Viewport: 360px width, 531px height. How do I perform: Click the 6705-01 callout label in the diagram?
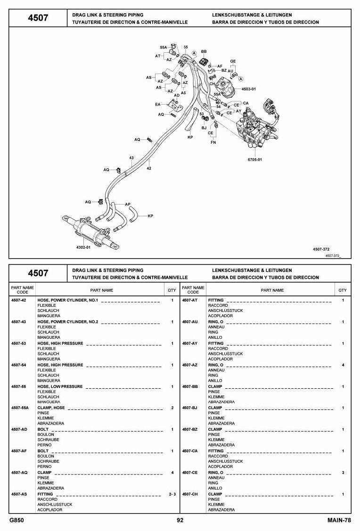pos(254,160)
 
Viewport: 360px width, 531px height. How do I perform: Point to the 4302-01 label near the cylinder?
pos(83,247)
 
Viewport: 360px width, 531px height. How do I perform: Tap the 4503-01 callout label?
pos(249,89)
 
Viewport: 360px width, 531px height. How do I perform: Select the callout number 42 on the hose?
pos(149,168)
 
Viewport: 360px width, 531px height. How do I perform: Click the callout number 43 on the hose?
pos(131,158)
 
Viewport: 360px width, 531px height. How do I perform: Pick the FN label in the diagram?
pos(213,143)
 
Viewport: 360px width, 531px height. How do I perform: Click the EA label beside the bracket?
pos(158,105)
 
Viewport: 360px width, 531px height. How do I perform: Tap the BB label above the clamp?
pos(204,52)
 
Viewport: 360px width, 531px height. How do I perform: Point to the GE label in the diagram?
pos(233,61)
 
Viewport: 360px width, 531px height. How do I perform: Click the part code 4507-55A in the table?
pos(20,408)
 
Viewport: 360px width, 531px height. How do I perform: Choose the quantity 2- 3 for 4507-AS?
pos(172,494)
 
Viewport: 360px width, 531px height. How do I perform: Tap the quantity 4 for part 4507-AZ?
pos(343,365)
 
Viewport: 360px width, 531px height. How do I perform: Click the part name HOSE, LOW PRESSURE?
pos(60,386)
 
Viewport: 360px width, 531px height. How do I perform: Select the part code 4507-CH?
pos(190,494)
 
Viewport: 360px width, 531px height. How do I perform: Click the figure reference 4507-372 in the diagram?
pos(321,249)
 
